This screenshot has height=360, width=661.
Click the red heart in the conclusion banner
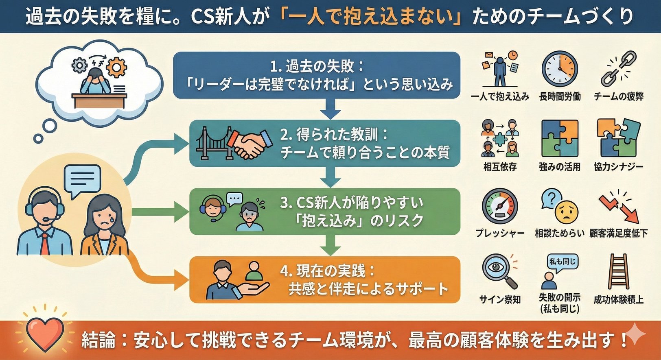click(45, 333)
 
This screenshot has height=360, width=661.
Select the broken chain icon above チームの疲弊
click(618, 68)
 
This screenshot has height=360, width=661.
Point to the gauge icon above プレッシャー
click(499, 206)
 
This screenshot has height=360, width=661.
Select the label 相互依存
click(500, 167)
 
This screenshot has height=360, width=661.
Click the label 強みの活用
click(560, 167)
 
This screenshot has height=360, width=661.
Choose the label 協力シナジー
click(618, 167)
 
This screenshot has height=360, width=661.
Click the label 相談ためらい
click(560, 233)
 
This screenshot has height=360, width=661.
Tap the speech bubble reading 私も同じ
click(562, 262)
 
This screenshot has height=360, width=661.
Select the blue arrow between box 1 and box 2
click(330, 109)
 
